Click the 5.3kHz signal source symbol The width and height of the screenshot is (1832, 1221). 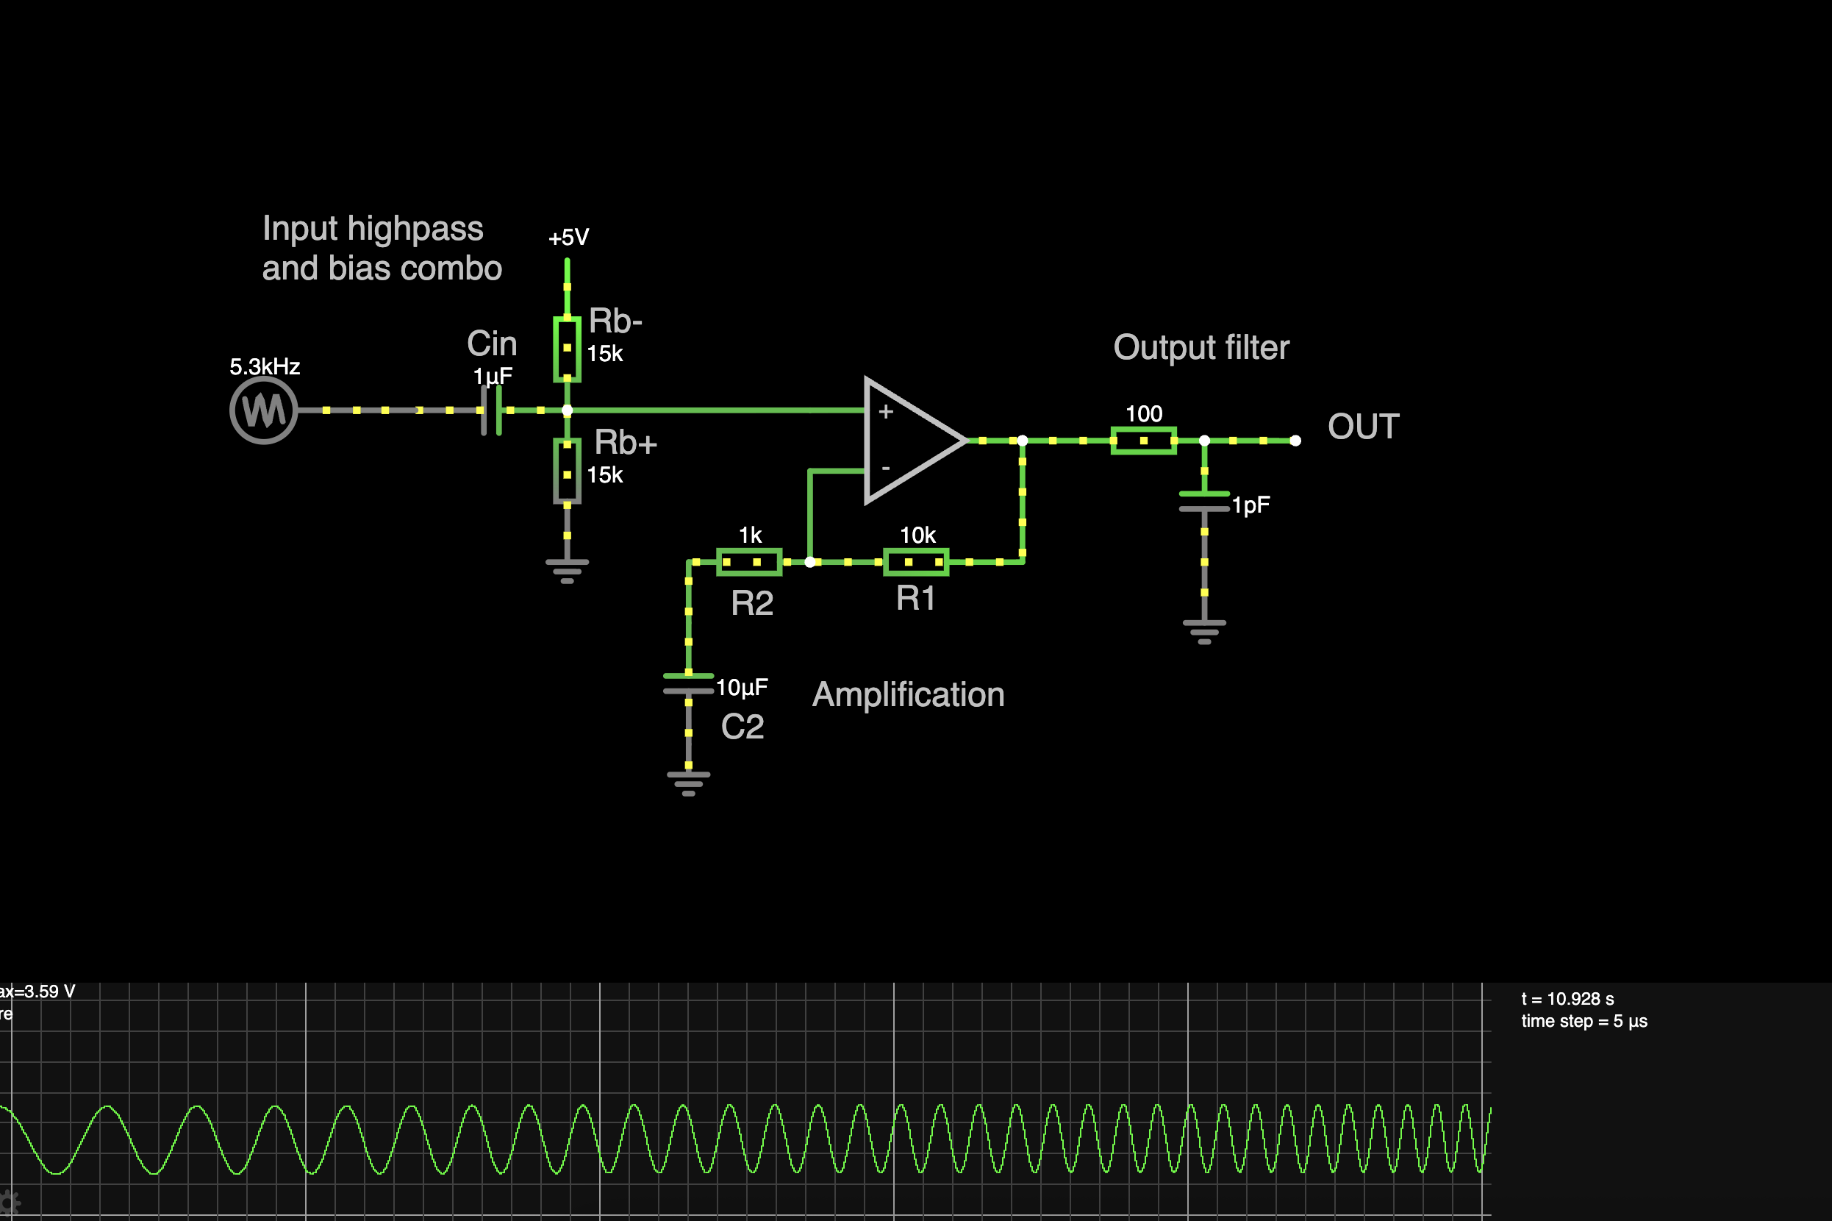tap(264, 410)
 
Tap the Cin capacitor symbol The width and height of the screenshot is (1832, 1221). tap(491, 410)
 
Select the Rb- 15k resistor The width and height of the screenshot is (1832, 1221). tap(568, 349)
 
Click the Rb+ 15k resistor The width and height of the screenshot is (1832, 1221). tap(568, 471)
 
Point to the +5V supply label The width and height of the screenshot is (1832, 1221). tap(569, 238)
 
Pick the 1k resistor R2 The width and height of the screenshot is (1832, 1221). tap(748, 562)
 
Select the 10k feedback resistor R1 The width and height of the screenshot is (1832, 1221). tap(916, 562)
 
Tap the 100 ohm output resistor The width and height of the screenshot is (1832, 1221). tap(1143, 441)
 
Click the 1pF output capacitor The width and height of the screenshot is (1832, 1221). tap(1204, 502)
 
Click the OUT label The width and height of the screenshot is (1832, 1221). tap(1364, 427)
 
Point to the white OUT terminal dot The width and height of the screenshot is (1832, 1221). tap(1296, 441)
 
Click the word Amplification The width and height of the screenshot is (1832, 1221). tap(908, 694)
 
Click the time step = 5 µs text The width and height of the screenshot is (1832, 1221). tap(1584, 1021)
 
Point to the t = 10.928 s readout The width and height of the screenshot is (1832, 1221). tap(1567, 999)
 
